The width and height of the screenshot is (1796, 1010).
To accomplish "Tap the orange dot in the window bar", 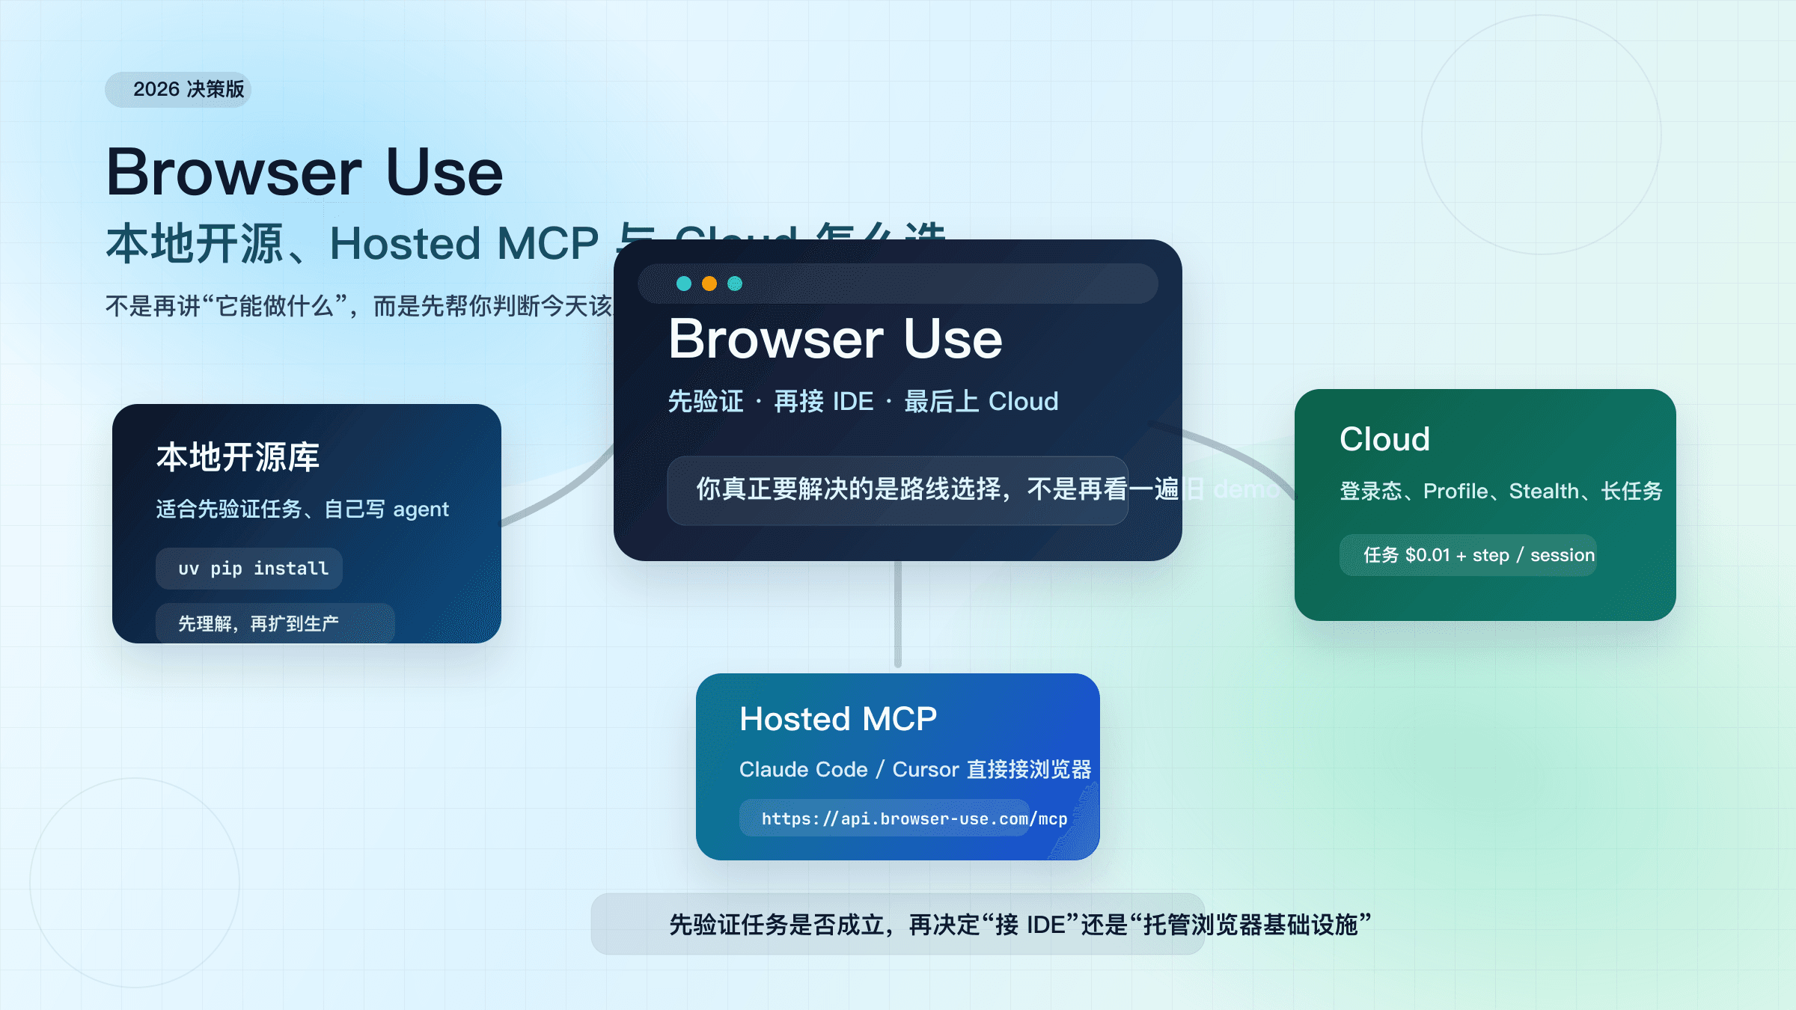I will click(x=709, y=284).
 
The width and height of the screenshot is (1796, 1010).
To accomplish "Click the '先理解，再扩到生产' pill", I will click(x=259, y=623).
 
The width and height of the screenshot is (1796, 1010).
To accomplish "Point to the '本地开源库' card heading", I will click(x=238, y=457).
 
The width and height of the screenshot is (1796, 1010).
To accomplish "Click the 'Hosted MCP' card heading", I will click(x=838, y=719).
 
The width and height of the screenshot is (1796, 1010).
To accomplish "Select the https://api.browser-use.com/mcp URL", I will click(x=914, y=818).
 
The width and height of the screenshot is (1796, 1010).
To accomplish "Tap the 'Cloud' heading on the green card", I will click(x=1384, y=439).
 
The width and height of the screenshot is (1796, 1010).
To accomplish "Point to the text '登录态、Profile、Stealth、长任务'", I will click(x=1500, y=492).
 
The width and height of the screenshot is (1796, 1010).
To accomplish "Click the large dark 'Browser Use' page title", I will click(x=305, y=172).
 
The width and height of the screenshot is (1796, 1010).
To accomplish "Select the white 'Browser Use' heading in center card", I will click(x=835, y=339).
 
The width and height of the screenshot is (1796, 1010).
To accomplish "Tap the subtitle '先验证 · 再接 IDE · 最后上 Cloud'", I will click(x=863, y=402).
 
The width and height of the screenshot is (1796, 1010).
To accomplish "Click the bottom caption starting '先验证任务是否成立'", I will click(x=1019, y=925).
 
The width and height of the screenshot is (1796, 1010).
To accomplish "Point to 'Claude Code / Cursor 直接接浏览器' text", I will click(x=914, y=769).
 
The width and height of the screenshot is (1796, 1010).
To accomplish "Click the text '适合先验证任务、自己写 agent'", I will click(x=302, y=509).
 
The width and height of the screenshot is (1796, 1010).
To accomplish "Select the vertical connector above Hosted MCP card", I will click(x=898, y=613).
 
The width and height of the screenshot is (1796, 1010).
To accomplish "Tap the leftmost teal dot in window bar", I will click(x=683, y=284).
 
